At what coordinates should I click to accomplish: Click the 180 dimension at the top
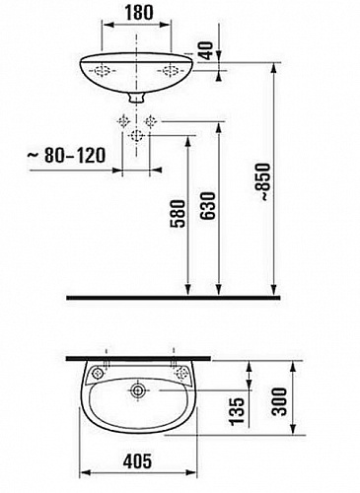pos(139,12)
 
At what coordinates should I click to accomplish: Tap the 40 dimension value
pos(207,49)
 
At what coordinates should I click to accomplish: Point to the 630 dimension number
pos(208,206)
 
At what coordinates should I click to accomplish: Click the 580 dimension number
pos(178,214)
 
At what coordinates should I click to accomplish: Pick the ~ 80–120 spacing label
pos(66,155)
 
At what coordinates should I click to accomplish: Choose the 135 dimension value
pos(237,411)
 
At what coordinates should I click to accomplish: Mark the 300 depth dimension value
pos(280,401)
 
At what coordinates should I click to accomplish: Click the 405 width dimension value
pos(138,460)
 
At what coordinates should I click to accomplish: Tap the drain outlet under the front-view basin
pos(136,97)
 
